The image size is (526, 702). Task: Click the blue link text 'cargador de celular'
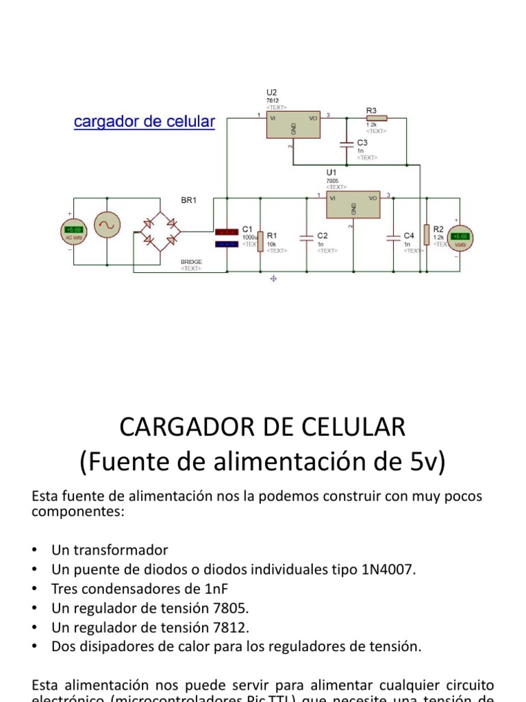pos(144,122)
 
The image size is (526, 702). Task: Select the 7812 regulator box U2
pos(292,125)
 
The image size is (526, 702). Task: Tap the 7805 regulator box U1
pos(353,205)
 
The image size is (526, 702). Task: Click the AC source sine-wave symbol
pos(108,225)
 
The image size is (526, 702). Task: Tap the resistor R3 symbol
pos(376,118)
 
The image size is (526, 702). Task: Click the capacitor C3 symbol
pos(347,145)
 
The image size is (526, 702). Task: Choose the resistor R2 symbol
pos(426,234)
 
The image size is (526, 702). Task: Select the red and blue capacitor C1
pos(226,237)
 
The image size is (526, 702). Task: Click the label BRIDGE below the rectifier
pos(191,261)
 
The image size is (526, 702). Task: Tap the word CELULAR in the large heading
pos(345,428)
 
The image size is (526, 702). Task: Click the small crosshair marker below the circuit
pos(274,278)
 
